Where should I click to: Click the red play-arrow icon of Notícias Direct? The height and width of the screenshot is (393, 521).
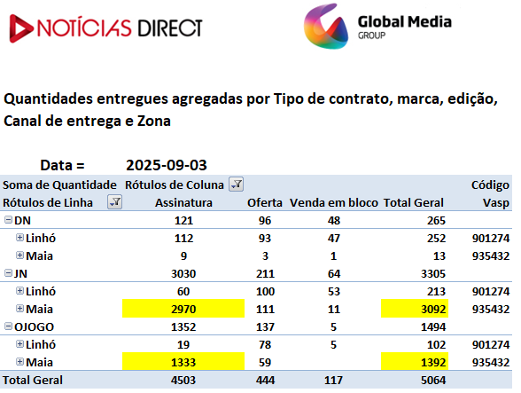20,28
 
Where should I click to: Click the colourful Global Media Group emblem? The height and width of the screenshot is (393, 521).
326,27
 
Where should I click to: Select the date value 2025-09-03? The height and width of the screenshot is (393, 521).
167,165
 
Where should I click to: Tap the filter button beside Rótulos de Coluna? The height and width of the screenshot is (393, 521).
237,185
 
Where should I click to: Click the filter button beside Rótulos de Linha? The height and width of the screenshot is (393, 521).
114,202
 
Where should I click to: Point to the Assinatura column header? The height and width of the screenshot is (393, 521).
183,202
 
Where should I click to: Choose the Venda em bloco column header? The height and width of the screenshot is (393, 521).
334,202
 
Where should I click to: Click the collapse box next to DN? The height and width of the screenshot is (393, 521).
8,220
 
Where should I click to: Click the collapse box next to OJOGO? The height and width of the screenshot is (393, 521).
8,326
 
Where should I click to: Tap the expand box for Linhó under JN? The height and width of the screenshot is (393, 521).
19,291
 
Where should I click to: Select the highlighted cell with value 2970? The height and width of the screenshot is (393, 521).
183,309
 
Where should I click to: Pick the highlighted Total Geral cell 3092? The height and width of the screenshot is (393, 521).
415,309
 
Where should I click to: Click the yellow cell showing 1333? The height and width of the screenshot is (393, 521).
183,362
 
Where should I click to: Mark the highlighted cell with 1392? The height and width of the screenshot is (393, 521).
415,362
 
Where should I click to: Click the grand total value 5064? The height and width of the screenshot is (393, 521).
433,380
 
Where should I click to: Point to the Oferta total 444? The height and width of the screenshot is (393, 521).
265,380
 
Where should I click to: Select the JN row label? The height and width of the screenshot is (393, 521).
20,273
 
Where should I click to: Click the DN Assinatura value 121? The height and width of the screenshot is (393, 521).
183,220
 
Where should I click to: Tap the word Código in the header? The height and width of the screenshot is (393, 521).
490,185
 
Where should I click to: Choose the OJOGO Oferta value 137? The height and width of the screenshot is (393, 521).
265,326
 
